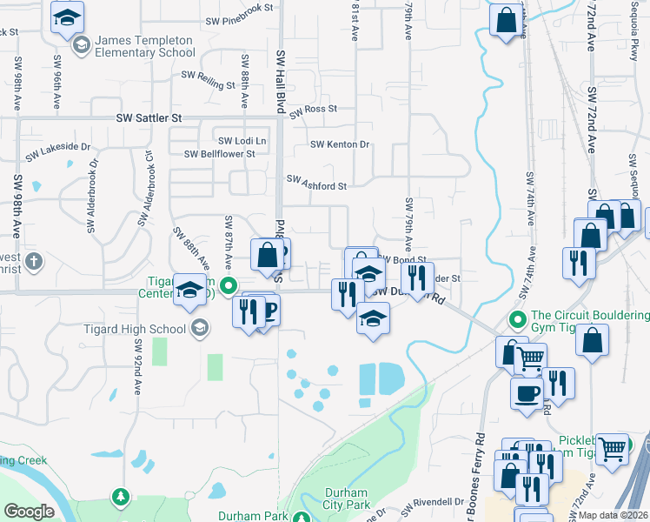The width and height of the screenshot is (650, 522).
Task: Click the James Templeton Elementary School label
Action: point(145,46)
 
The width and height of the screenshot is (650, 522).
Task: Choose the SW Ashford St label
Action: point(317,185)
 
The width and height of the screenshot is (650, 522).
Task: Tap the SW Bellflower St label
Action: point(219,154)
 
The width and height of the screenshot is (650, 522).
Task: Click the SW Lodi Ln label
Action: point(242,141)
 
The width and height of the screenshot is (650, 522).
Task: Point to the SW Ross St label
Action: point(313,110)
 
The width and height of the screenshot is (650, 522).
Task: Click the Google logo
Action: point(29,511)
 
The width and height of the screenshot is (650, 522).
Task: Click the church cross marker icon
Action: point(33,261)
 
